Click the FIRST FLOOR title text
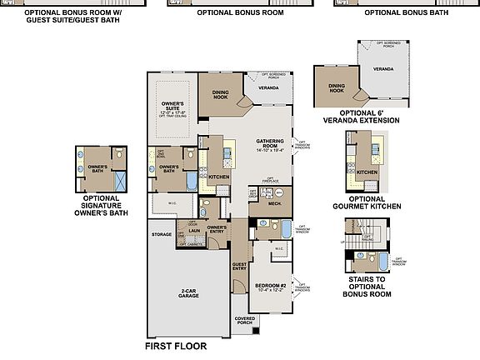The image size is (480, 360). pos(175,346)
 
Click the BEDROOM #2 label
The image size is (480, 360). pos(270,286)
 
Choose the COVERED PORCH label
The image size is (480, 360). pos(245,320)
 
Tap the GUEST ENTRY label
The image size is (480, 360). pos(239,266)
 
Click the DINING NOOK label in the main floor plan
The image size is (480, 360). pos(221,94)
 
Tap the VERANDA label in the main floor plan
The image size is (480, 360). pos(268,86)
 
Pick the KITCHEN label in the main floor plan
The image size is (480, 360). pos(218,177)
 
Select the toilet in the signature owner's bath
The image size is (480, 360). pos(120,156)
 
